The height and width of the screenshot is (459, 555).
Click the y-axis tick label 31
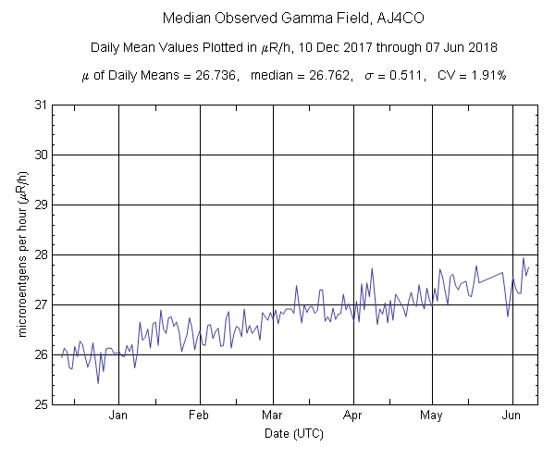pyautogui.click(x=40, y=105)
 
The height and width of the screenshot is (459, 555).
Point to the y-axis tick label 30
pyautogui.click(x=40, y=155)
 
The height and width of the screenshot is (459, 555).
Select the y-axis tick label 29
pyautogui.click(x=40, y=205)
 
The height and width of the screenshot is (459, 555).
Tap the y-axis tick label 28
pyautogui.click(x=40, y=254)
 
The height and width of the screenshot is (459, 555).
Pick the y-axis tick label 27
pyautogui.click(x=40, y=304)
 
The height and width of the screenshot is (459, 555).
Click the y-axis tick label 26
pyautogui.click(x=40, y=354)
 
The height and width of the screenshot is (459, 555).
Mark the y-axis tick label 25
pyautogui.click(x=40, y=404)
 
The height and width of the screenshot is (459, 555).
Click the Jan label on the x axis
pyautogui.click(x=118, y=416)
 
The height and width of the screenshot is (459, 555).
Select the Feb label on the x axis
pyautogui.click(x=200, y=416)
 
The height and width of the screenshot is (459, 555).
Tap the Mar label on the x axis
pyautogui.click(x=272, y=416)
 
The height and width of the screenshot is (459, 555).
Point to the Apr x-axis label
pyautogui.click(x=352, y=416)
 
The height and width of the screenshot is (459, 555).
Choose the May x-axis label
pyautogui.click(x=430, y=416)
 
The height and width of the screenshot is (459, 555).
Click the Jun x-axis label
pyautogui.click(x=512, y=416)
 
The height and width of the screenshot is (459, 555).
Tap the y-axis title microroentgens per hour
pyautogui.click(x=21, y=254)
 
